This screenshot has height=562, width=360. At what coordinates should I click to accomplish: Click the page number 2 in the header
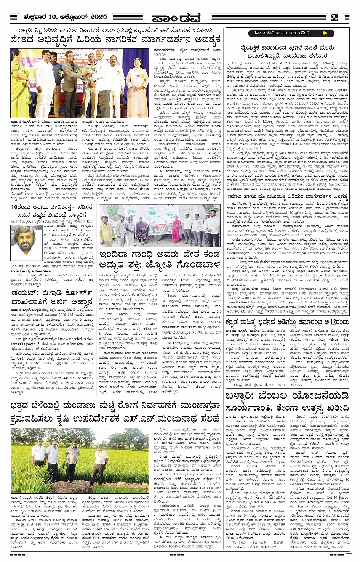334,18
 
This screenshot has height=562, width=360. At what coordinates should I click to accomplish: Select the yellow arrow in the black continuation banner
325,33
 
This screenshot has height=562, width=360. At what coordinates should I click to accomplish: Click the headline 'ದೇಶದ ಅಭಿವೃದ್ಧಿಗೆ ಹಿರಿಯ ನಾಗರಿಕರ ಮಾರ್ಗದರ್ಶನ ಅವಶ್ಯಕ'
116,40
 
